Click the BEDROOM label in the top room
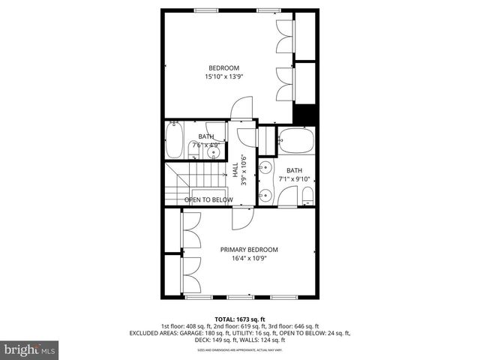click(223, 68)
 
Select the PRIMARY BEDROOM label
click(249, 250)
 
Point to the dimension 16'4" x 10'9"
click(249, 259)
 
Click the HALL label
click(235, 170)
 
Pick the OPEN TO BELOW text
click(208, 199)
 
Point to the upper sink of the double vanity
click(265, 168)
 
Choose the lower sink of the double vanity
click(265, 196)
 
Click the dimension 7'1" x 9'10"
click(293, 179)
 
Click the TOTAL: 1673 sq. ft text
click(241, 319)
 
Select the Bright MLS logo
click(29, 349)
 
